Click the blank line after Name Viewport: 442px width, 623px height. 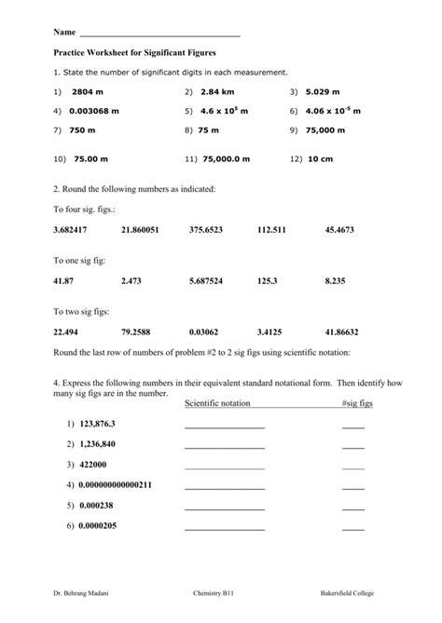coord(160,34)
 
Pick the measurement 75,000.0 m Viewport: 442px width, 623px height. coord(224,158)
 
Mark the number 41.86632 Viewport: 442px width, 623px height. coord(342,331)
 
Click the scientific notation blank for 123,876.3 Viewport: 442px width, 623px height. coord(225,426)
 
